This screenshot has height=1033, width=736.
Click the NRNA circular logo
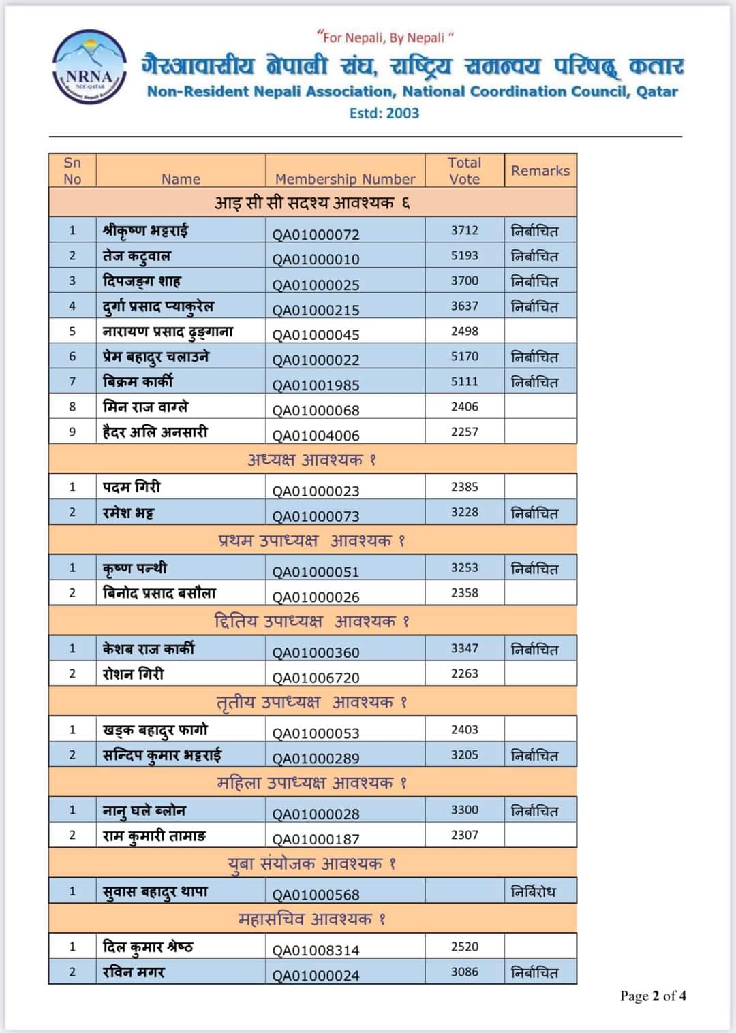tap(89, 67)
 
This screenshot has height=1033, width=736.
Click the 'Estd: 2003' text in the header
tap(384, 114)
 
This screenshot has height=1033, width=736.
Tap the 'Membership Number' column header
tap(345, 179)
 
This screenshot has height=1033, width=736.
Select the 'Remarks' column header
tap(540, 171)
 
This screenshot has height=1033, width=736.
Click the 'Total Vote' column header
tap(464, 171)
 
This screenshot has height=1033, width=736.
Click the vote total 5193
tap(464, 255)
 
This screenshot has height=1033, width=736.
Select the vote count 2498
tap(464, 331)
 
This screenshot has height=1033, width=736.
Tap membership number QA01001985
tap(316, 385)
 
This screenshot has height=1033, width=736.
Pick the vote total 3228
tap(464, 512)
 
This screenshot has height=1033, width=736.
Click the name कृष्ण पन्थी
tap(134, 568)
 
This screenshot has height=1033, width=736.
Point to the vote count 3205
tap(464, 754)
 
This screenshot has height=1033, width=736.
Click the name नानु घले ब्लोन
tap(144, 810)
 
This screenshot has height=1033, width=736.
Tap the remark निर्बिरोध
tap(534, 891)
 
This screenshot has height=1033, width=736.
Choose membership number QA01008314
tap(316, 951)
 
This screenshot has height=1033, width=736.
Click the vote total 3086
tap(464, 972)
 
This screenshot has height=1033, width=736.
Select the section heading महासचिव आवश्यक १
tap(312, 919)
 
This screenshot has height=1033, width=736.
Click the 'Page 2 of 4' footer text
tap(652, 996)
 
